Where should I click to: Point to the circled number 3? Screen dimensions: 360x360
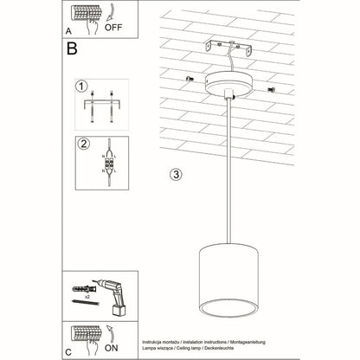pos(176,174)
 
